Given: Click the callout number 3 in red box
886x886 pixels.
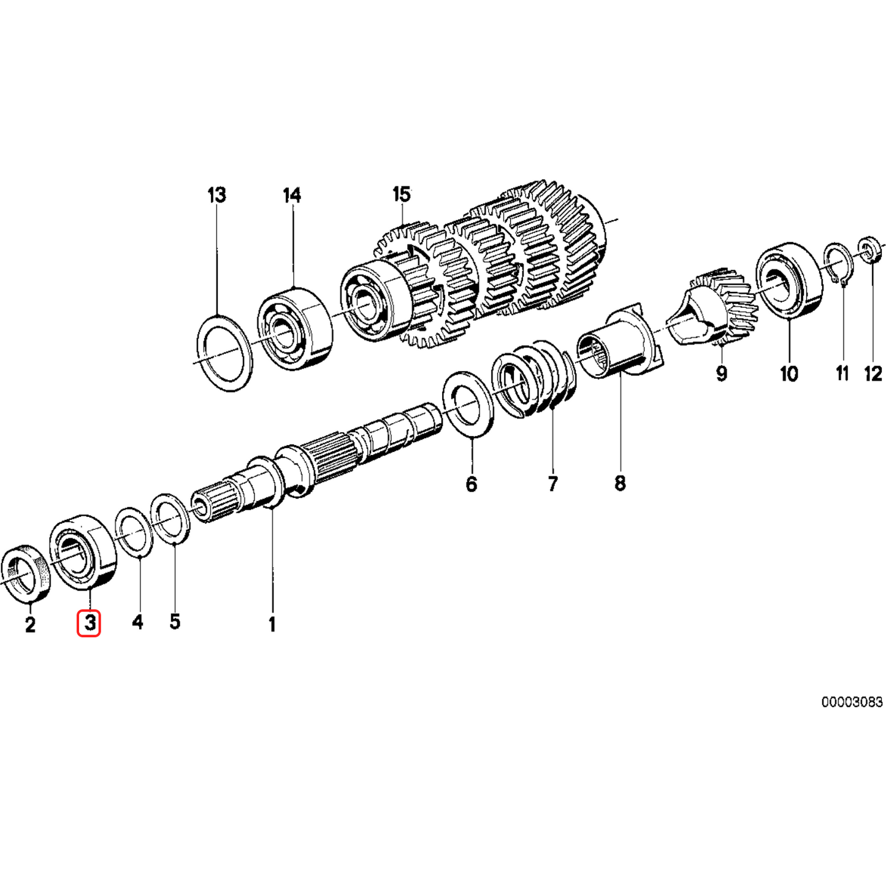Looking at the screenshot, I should tap(89, 624).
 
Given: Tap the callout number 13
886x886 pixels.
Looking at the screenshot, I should tap(216, 196).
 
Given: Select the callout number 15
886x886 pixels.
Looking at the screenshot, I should tap(401, 195).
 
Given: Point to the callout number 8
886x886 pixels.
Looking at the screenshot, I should tap(620, 483).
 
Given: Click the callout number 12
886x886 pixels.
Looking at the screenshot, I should tap(873, 373).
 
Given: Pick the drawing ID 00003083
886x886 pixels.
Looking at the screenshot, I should tap(852, 702).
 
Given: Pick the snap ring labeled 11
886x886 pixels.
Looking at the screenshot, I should tap(838, 264).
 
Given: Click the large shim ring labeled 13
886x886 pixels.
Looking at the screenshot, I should tap(224, 353).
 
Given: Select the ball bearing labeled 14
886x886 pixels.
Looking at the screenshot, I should tap(294, 329).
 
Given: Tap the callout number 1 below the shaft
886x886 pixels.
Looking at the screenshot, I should tap(272, 624).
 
